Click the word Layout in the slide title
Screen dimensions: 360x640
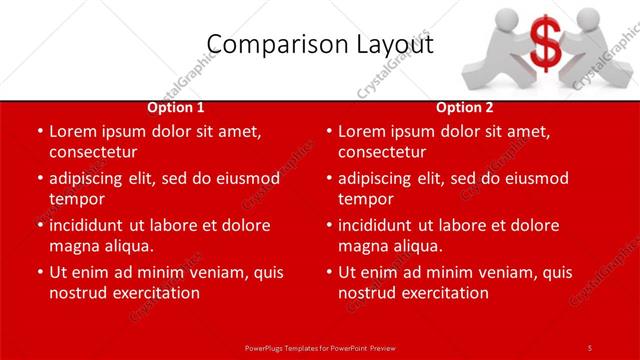click(394, 44)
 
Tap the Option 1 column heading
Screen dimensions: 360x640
click(176, 108)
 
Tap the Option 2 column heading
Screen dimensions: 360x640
click(465, 108)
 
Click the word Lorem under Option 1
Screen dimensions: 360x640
click(73, 131)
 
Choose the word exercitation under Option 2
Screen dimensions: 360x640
click(444, 293)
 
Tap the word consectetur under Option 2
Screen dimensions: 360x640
click(382, 152)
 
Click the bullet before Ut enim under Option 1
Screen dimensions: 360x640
click(40, 272)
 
